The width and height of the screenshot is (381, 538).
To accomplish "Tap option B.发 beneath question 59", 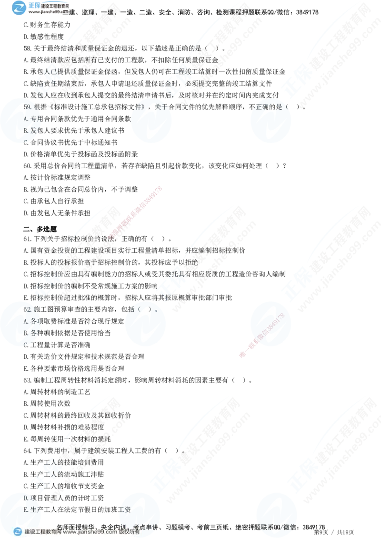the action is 30,130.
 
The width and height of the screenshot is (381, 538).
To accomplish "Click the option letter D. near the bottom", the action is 27,498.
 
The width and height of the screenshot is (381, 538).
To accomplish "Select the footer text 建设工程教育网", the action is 43,532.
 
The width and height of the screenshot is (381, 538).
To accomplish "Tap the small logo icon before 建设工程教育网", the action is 18,532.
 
